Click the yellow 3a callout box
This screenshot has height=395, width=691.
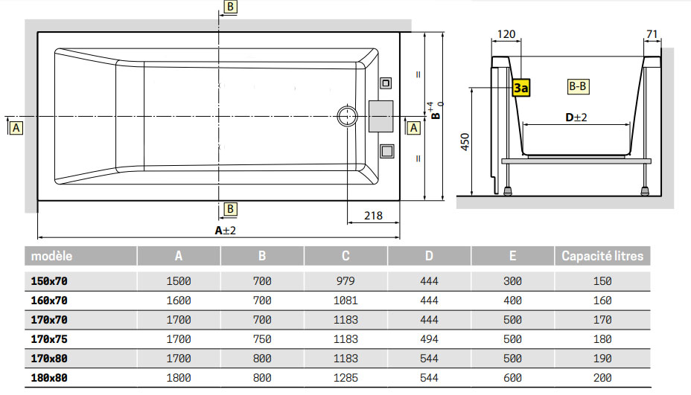[x=520, y=88]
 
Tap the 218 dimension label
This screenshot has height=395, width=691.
[x=373, y=216]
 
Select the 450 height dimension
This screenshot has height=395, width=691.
[x=465, y=143]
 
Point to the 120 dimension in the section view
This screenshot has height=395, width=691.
[x=506, y=34]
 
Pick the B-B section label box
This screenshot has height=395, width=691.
[x=579, y=87]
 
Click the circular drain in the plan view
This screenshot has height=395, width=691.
[x=347, y=117]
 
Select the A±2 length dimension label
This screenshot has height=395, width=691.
[x=226, y=231]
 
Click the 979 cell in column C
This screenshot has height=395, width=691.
[x=345, y=281]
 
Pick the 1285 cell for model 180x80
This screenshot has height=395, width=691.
[x=345, y=378]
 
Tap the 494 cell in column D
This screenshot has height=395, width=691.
[x=429, y=339]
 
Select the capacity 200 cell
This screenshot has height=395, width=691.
[x=602, y=378]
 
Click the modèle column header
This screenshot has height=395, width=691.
[x=51, y=256]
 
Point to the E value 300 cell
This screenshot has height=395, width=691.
[x=512, y=281]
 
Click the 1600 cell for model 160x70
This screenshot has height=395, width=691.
[x=179, y=301]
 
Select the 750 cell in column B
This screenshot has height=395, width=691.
[x=262, y=339]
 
